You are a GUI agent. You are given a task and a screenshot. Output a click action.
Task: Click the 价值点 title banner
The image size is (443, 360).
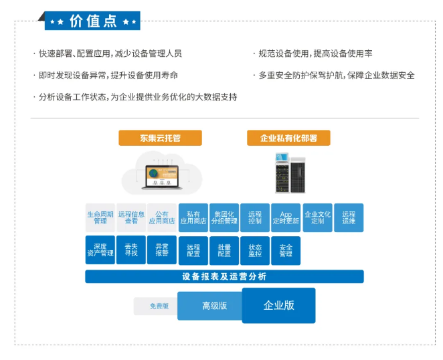pos(93,21)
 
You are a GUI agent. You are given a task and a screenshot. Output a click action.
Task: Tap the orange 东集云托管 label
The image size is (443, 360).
pos(160,139)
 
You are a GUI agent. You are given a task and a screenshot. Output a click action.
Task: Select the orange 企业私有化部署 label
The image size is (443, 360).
pos(288,139)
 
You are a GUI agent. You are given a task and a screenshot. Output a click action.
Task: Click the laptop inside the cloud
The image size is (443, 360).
pos(160,175)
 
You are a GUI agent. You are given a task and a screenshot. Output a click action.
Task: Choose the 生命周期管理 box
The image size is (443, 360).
pos(100,217)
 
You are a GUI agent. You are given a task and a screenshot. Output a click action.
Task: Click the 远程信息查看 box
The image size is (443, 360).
pos(131,217)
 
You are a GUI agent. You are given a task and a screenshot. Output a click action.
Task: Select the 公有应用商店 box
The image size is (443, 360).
pos(162,217)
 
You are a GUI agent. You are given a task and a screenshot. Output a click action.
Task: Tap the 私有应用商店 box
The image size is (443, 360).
pos(193,217)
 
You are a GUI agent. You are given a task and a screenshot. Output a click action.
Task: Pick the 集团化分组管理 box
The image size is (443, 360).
pos(224,217)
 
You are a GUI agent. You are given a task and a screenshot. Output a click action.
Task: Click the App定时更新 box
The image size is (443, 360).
pos(286,217)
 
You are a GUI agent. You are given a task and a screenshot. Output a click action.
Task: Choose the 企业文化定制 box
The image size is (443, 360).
pos(317,217)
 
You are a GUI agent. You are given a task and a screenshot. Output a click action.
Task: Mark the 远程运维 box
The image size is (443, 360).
pos(349,217)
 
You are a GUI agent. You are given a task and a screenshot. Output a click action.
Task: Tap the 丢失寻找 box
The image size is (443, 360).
pos(131,250)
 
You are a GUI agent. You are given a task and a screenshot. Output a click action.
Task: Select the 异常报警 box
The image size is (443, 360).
pos(162,250)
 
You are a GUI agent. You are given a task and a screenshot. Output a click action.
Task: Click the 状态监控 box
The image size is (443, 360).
pos(255,250)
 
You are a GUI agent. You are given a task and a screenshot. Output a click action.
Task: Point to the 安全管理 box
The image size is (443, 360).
pos(286,250)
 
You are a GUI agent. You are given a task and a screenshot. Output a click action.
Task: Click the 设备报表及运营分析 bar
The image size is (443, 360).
pos(224,276)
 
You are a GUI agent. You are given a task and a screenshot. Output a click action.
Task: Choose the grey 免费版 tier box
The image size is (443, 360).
pos(156,306)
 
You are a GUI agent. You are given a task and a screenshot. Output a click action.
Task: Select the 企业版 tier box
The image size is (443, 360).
pos(278,306)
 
